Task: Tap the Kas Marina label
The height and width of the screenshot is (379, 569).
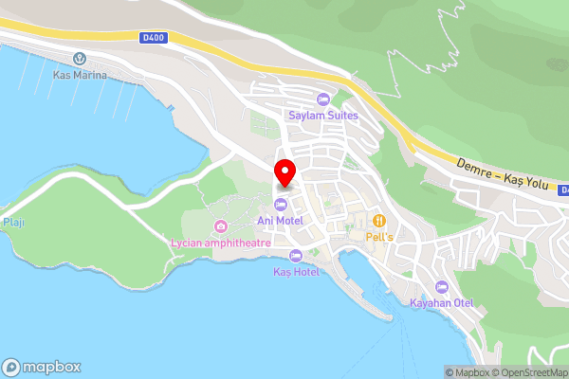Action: coord(80,74)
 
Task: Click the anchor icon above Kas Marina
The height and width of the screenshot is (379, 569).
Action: coord(80,59)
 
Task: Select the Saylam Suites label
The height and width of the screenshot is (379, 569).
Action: coord(323,115)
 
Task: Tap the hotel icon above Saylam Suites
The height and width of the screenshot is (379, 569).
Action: coord(323,99)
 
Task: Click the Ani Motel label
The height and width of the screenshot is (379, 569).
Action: coord(279,220)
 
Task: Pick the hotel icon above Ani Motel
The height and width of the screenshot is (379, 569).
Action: coord(280,205)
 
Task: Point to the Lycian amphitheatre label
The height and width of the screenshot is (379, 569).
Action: coord(221,243)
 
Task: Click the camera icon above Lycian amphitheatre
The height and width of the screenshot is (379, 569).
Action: coord(221,226)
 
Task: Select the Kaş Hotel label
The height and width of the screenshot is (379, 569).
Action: coord(296,271)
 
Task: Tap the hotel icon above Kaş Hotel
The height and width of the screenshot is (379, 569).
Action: coord(296,255)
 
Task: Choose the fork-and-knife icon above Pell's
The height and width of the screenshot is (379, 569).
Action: coord(378,219)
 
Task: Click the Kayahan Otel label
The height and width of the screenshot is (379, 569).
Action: coord(440,303)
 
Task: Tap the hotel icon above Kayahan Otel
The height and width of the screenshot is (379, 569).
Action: coord(440,287)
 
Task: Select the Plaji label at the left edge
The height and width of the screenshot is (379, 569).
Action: coord(12,222)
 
